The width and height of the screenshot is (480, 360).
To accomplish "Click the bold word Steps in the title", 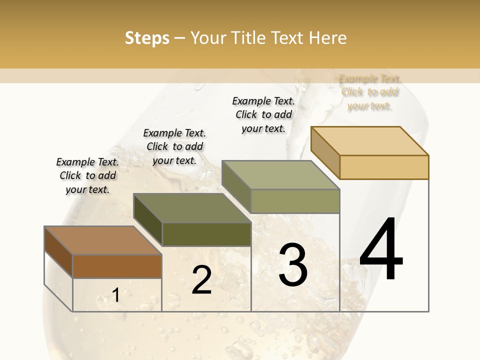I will (x=146, y=38).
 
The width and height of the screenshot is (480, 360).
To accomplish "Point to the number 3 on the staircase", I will (x=292, y=265).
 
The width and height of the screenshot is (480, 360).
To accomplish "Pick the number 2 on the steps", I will (x=201, y=280).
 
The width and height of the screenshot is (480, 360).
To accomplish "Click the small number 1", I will (x=115, y=295).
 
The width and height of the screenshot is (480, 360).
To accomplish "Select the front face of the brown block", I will (x=117, y=266).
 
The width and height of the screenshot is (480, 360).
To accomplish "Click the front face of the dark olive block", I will (x=206, y=234).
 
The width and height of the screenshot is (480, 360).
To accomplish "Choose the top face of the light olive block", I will (x=280, y=175).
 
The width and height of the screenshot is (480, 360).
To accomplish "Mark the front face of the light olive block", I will (x=295, y=201).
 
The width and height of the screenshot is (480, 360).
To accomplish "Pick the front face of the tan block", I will (x=384, y=167).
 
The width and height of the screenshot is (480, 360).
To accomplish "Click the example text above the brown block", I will (x=87, y=175).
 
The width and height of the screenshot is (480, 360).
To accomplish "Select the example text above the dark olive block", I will (x=174, y=146).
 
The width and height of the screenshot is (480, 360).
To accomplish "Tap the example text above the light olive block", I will (x=263, y=114).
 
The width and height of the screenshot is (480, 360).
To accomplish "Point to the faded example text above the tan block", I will (x=369, y=92).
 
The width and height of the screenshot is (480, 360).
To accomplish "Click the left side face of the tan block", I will (x=325, y=149).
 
